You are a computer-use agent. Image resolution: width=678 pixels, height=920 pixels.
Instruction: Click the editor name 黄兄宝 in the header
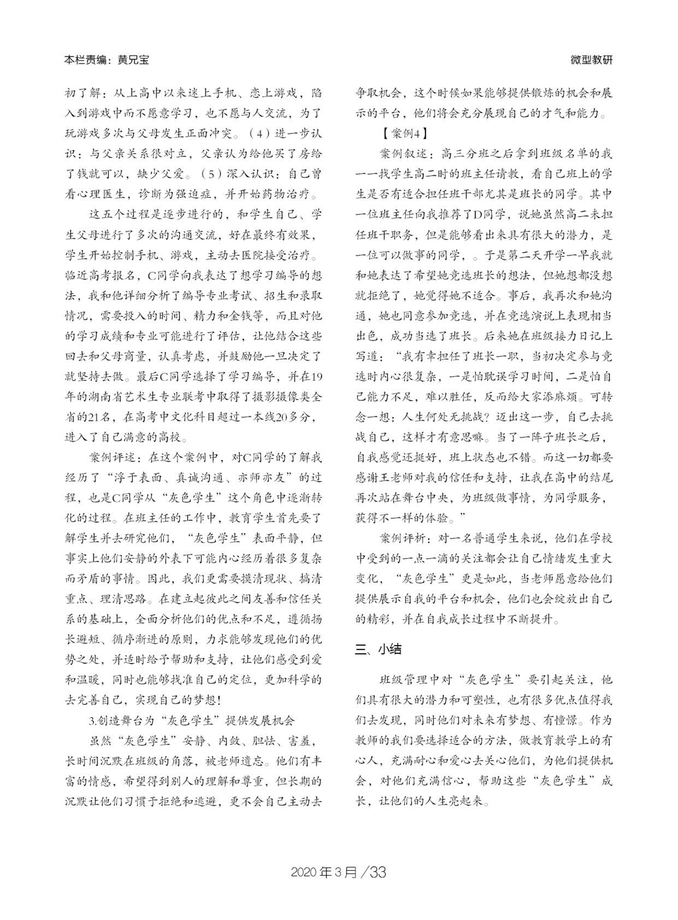click(133, 60)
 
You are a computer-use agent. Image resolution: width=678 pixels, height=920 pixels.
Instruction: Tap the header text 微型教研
click(592, 60)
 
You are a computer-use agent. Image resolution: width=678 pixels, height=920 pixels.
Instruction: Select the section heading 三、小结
click(378, 649)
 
